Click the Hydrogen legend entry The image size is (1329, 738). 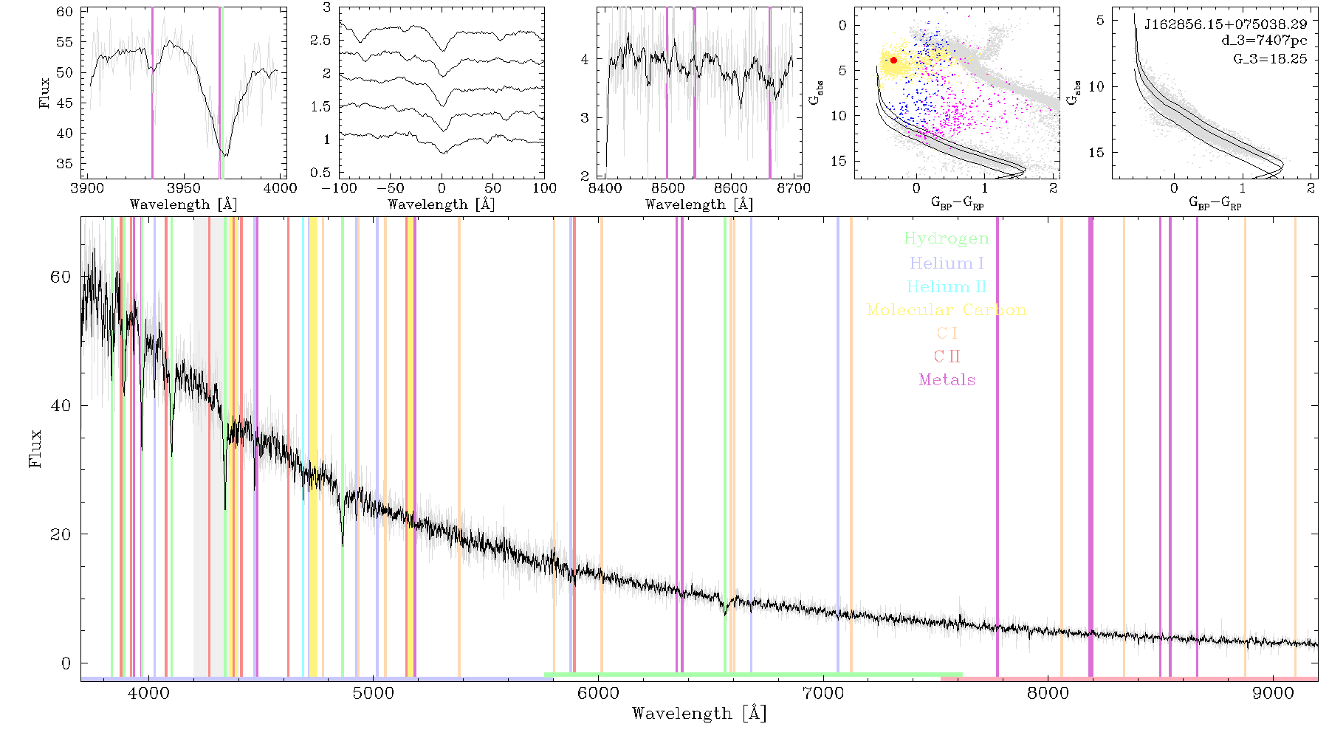coord(946,238)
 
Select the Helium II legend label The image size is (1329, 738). coord(947,286)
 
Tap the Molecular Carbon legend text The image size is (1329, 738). coord(947,310)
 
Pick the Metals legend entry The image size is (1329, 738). coord(947,380)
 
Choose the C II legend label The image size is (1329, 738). coord(947,356)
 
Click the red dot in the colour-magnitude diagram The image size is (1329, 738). coord(893,61)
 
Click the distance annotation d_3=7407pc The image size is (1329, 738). coord(1264,41)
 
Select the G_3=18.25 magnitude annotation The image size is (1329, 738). coord(1270,58)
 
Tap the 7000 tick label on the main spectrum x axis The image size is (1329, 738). coord(823,693)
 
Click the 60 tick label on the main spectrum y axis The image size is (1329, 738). coord(61,277)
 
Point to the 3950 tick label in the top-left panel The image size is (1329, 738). coord(183,187)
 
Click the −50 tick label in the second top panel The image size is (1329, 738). coord(389,187)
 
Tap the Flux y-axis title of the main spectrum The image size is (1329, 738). coord(35,448)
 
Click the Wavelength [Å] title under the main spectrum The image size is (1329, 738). coord(699,714)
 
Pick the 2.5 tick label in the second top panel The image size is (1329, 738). coord(320,40)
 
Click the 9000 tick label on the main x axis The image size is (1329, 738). coord(1272,693)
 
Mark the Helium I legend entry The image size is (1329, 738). coord(947,263)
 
